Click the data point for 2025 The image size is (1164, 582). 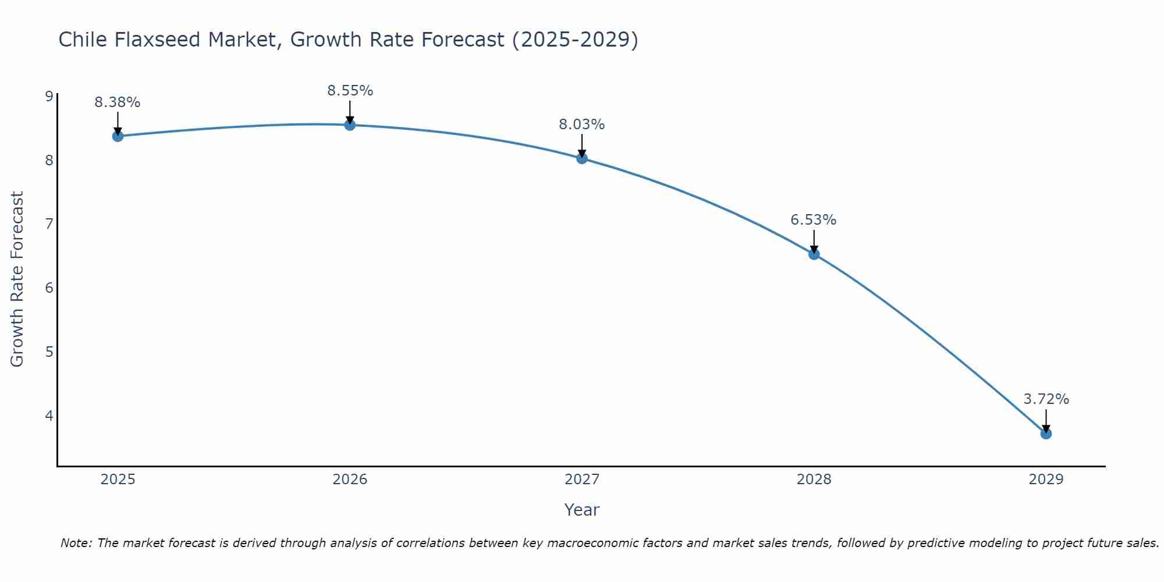(x=118, y=136)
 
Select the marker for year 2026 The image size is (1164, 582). (x=350, y=125)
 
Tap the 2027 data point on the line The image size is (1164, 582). (x=582, y=158)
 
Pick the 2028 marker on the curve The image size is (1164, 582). (x=814, y=254)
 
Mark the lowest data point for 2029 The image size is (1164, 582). (x=1046, y=434)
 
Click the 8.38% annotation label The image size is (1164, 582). (x=118, y=102)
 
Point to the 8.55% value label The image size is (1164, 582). (x=350, y=91)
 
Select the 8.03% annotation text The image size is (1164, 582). (x=582, y=125)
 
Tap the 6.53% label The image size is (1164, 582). (x=814, y=220)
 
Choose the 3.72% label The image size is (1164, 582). (x=1046, y=399)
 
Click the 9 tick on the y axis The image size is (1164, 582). (x=49, y=96)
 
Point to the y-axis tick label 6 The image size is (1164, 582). (x=49, y=288)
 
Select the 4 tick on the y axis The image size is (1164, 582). (x=49, y=416)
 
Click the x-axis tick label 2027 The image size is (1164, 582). (x=582, y=480)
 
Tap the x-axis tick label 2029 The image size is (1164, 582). (x=1046, y=480)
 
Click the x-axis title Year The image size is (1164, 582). (x=582, y=510)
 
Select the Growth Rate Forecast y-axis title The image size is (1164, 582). (x=17, y=279)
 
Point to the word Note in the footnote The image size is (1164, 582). (x=76, y=543)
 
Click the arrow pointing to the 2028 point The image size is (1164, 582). (x=814, y=240)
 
